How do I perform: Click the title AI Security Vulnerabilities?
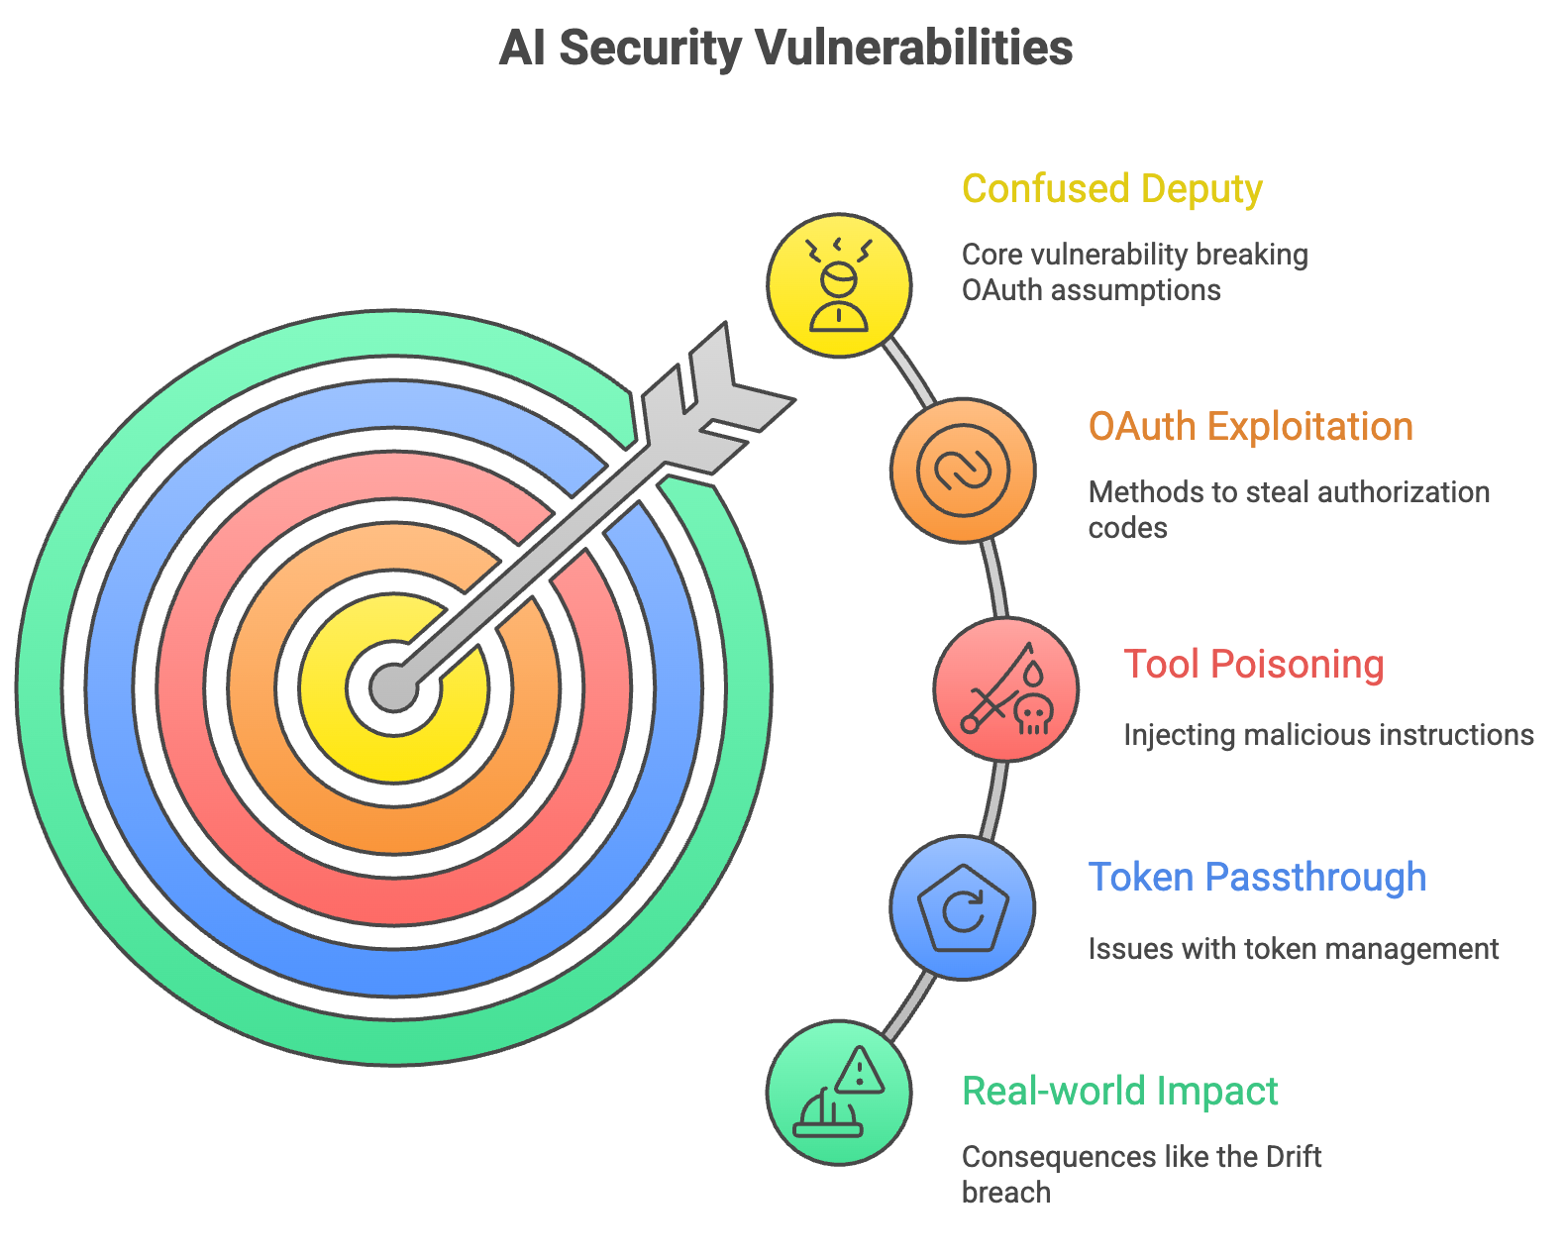[x=785, y=48]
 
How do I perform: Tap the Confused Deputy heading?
[x=1111, y=188]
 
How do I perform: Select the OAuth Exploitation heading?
[x=1250, y=426]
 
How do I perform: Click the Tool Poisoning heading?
[x=1253, y=664]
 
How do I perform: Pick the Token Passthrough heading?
[x=1257, y=877]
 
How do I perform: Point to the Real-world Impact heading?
[x=1119, y=1091]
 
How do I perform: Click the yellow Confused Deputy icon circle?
[x=839, y=285]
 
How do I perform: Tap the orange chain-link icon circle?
[x=963, y=470]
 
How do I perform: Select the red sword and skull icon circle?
[x=1005, y=688]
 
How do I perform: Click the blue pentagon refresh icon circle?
[x=963, y=907]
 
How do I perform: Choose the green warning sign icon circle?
[x=839, y=1092]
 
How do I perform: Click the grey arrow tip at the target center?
[x=394, y=686]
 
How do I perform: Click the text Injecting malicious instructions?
[x=1328, y=735]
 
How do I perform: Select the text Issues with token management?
[x=1293, y=949]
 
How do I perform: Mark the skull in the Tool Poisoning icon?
[x=1033, y=713]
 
